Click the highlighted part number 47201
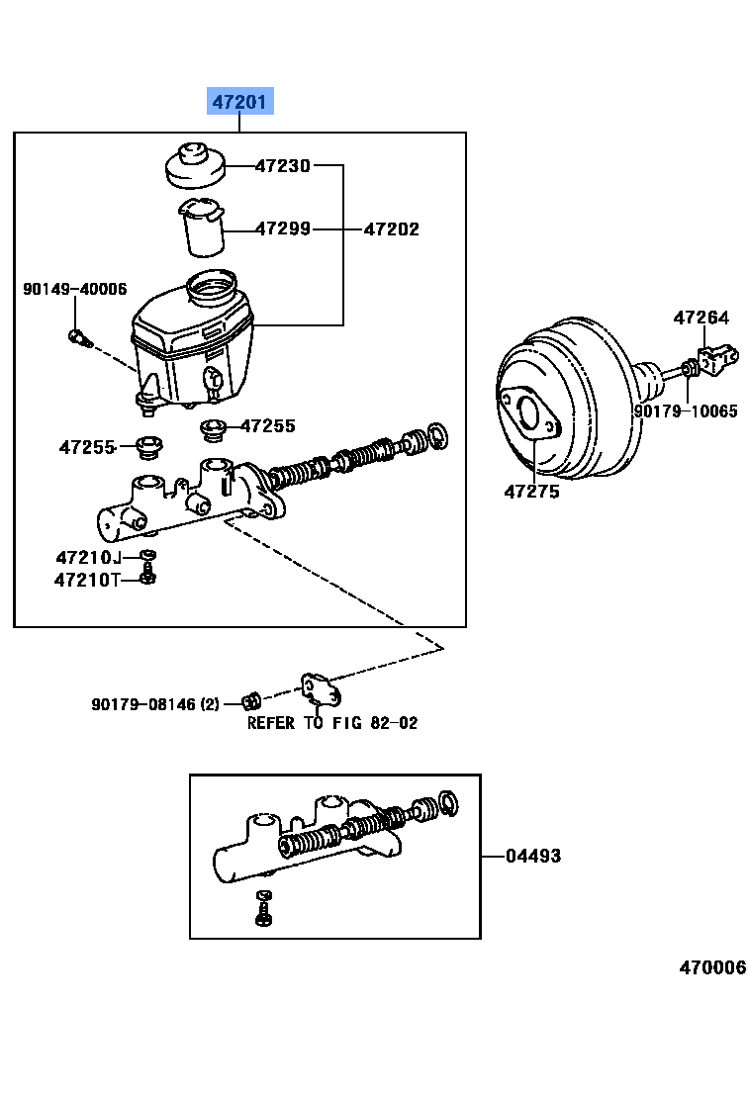(x=238, y=101)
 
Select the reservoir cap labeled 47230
(x=194, y=165)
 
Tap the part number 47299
(x=283, y=228)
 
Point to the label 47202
(x=391, y=228)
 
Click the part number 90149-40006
(x=75, y=289)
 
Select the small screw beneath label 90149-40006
(x=78, y=338)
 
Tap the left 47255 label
(x=87, y=447)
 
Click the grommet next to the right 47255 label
(x=211, y=429)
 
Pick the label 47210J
(x=88, y=557)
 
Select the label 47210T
(x=86, y=580)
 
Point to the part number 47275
(x=531, y=491)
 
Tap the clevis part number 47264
(x=701, y=318)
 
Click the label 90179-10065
(x=686, y=411)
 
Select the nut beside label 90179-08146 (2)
(x=250, y=702)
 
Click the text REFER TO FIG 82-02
(x=331, y=723)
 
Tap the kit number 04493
(x=532, y=856)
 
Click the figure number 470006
(x=711, y=967)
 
